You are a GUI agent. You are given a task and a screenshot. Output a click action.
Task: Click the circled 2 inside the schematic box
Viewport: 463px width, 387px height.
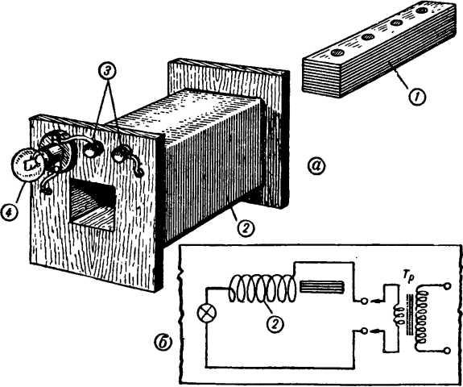275,324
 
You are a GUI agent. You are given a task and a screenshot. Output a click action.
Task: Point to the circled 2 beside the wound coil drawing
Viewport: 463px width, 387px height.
246,227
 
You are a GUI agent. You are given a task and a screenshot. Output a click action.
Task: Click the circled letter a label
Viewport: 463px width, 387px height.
316,166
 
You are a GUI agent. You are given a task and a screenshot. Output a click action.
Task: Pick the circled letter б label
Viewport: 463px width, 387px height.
163,343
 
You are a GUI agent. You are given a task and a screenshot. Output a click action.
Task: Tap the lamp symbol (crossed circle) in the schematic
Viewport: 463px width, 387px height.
207,314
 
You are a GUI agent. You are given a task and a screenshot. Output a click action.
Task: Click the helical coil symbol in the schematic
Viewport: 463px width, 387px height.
262,289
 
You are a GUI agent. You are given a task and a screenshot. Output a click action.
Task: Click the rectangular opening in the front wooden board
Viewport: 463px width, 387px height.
92,205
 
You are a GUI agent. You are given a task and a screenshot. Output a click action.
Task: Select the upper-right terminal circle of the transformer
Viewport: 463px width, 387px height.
448,286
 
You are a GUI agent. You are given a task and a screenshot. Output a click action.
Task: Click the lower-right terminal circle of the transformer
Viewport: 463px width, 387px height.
448,351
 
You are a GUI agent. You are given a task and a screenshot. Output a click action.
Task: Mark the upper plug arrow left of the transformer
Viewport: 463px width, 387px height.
377,302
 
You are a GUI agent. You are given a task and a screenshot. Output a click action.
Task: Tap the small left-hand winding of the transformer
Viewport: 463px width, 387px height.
399,316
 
